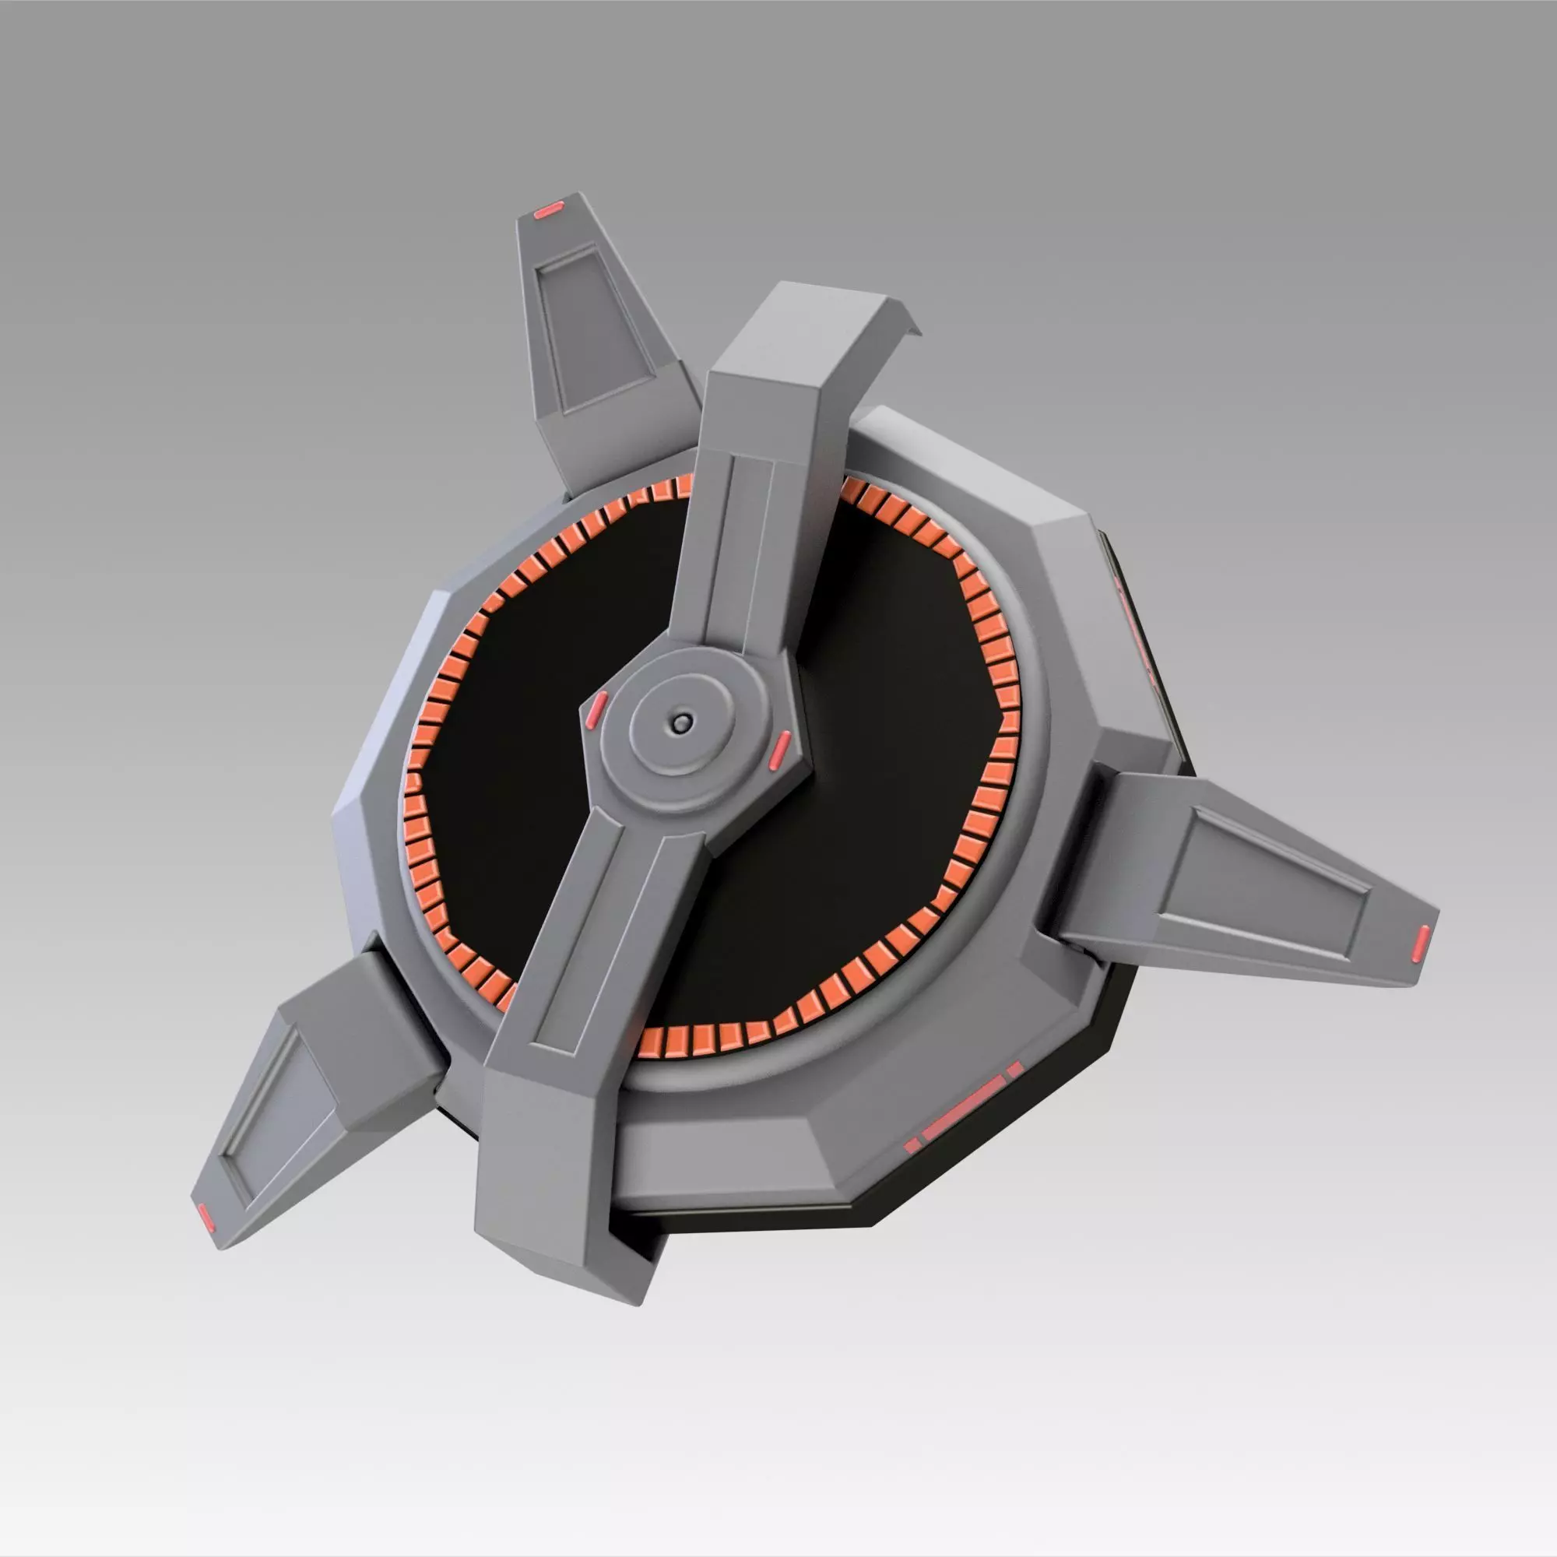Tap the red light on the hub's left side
[x=596, y=708]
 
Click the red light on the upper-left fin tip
[x=549, y=210]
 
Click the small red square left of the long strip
[x=912, y=1145]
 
